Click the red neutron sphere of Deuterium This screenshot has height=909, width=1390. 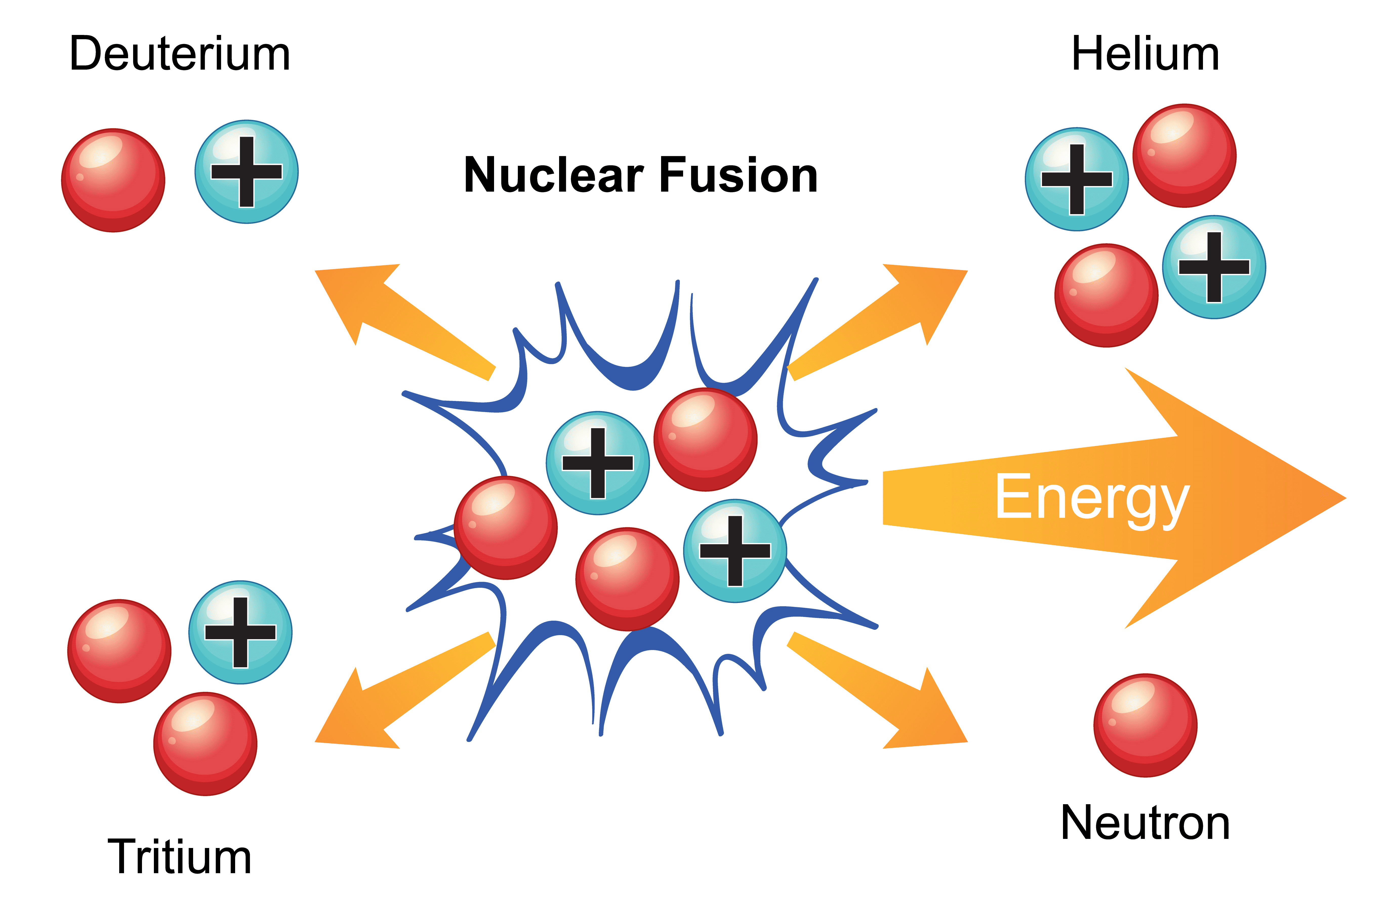[113, 180]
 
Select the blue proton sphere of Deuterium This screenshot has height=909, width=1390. [247, 172]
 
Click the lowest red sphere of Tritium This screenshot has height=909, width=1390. [205, 744]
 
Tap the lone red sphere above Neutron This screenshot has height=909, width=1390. [1145, 725]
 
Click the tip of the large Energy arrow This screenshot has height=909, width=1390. [1337, 498]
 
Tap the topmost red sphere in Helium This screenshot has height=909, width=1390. [1184, 156]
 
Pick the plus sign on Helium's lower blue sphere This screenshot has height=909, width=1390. [1214, 267]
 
